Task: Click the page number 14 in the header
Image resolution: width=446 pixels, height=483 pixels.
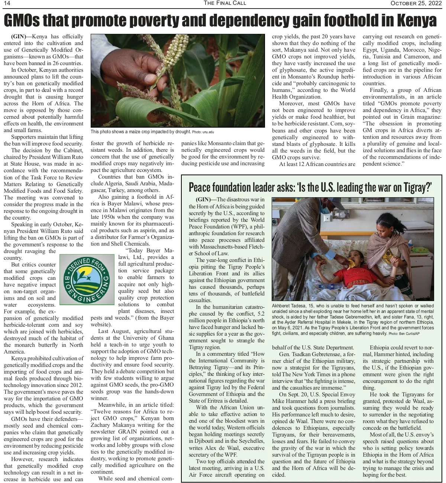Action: (x=7, y=3)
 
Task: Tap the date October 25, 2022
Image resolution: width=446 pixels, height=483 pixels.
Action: (x=416, y=3)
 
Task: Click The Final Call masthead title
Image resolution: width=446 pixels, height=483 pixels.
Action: (x=225, y=3)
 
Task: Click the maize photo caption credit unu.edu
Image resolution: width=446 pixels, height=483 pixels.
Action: (x=208, y=132)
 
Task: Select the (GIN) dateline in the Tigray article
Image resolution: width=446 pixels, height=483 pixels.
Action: (x=203, y=199)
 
